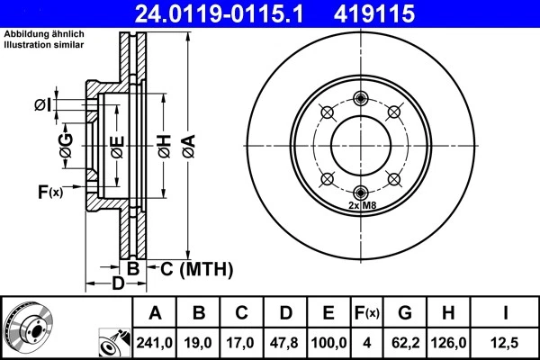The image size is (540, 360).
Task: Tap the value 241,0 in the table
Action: pos(155,341)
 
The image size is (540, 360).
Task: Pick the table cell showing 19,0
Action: pos(199,341)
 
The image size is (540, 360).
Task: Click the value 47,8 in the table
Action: pos(285,341)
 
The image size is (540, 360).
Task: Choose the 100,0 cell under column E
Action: pos(328,341)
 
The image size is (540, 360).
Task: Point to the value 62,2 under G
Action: pos(406,341)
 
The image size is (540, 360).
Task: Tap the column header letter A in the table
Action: pos(155,313)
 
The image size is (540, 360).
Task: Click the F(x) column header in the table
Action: pos(367,313)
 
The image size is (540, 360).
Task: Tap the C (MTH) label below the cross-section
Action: pos(196,268)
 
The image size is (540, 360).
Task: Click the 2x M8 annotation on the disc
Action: pos(361,206)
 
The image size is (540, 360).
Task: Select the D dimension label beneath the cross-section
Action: pos(118,286)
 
